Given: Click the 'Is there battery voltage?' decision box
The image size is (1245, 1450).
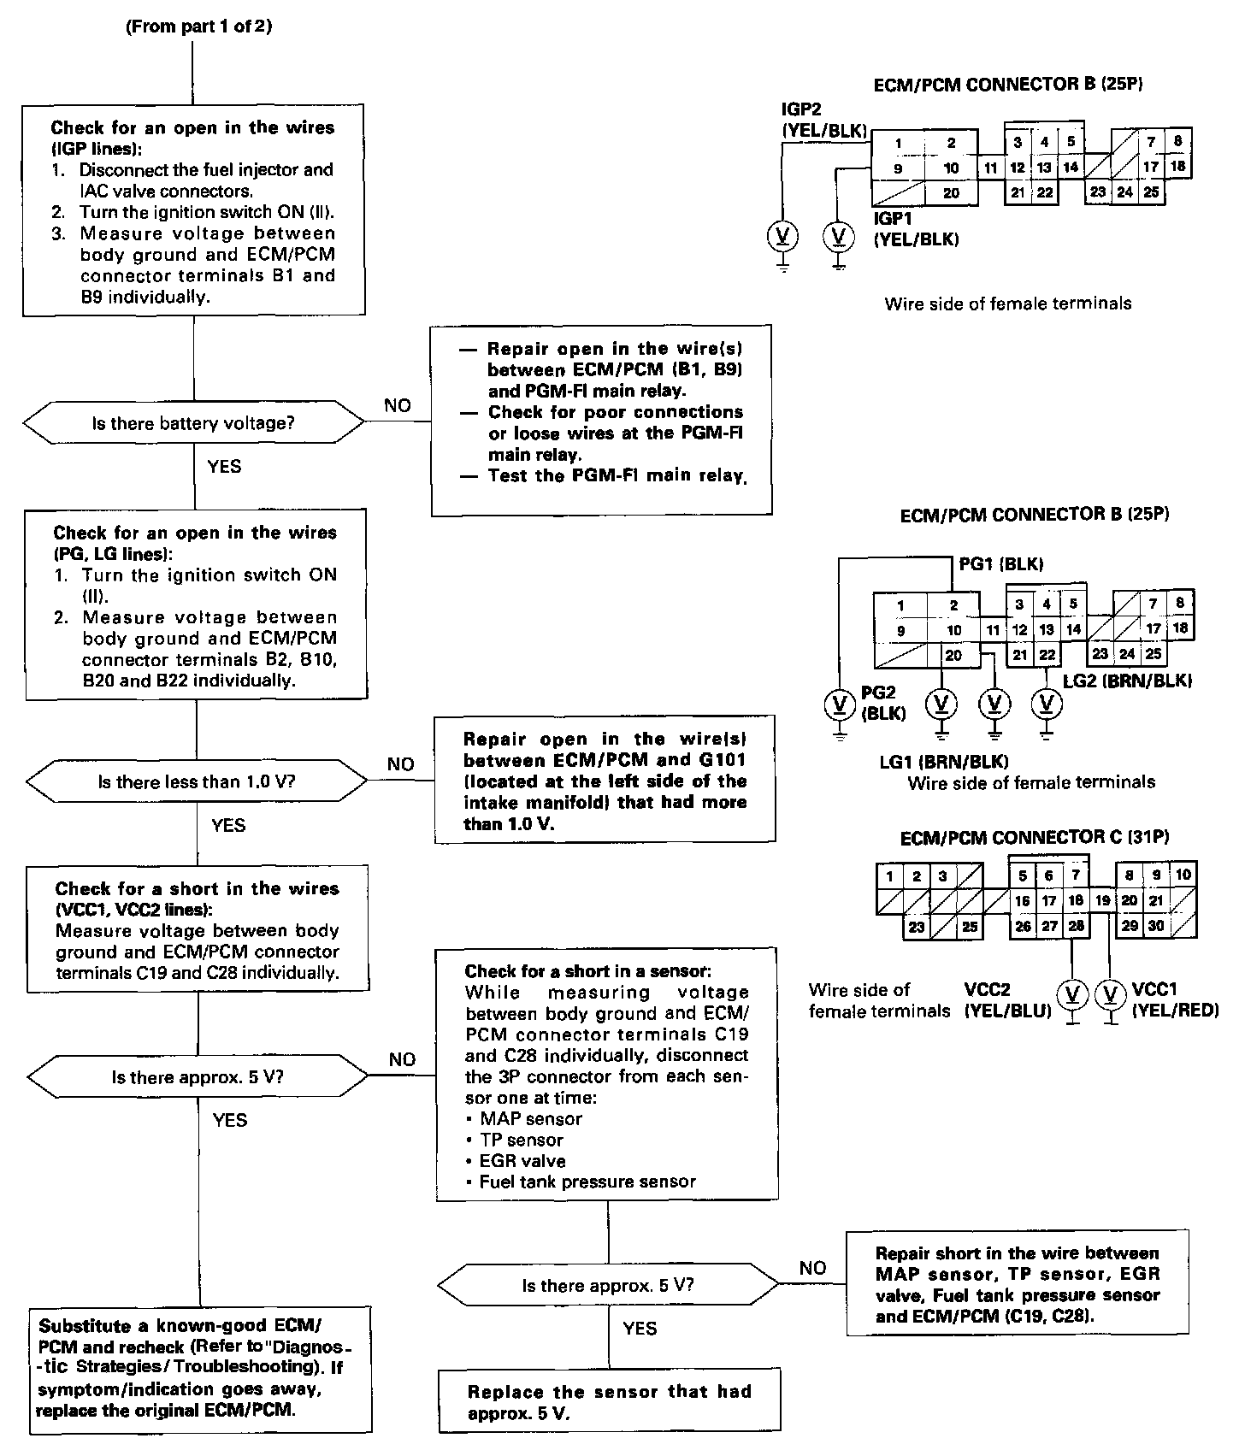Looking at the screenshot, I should (193, 424).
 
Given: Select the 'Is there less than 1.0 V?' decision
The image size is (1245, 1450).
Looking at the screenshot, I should (197, 782).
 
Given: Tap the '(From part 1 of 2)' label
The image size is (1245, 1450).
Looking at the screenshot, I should (198, 27).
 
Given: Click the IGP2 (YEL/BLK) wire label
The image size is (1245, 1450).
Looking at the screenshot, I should (824, 121).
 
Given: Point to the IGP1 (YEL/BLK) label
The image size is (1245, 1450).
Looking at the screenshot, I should (916, 229).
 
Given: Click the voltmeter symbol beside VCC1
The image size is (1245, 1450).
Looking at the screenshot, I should (1110, 994).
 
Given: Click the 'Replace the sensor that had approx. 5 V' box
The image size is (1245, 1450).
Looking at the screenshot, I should (610, 1402).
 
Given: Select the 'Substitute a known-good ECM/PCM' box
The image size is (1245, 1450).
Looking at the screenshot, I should (202, 1368).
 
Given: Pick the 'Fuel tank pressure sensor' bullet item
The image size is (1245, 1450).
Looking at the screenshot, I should (587, 1182).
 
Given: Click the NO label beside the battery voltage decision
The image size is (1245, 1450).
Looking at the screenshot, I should (398, 406).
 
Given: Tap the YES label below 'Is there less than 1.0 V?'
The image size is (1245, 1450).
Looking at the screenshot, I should (228, 825).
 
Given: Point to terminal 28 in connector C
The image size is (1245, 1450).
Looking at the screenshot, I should (1076, 926).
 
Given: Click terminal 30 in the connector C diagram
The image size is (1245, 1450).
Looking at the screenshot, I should (1155, 926).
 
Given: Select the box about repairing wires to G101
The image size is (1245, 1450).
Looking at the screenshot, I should (605, 780).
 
